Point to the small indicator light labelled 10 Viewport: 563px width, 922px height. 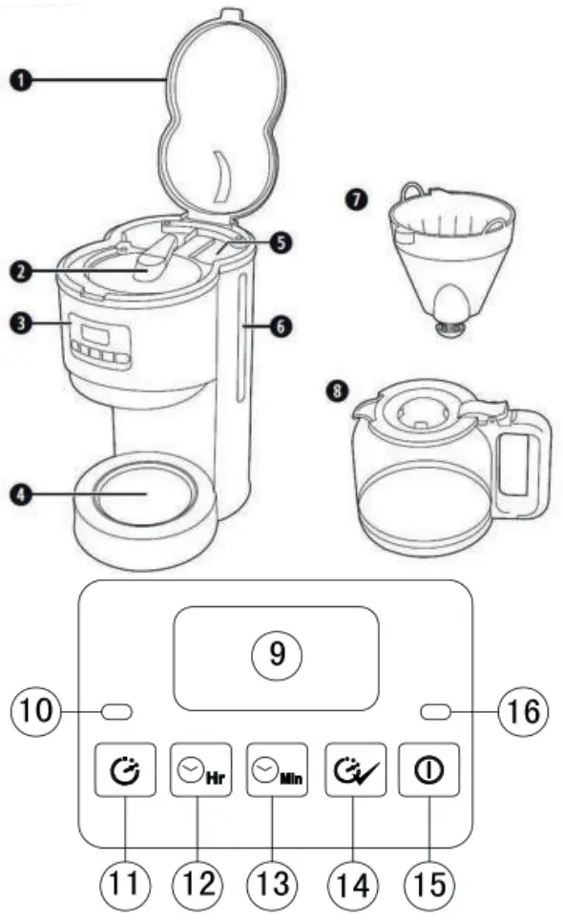point(116,711)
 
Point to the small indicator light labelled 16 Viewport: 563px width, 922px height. point(435,711)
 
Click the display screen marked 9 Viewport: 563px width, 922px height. point(276,658)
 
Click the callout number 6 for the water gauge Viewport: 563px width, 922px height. point(281,326)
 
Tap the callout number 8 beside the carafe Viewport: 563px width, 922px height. point(335,392)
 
